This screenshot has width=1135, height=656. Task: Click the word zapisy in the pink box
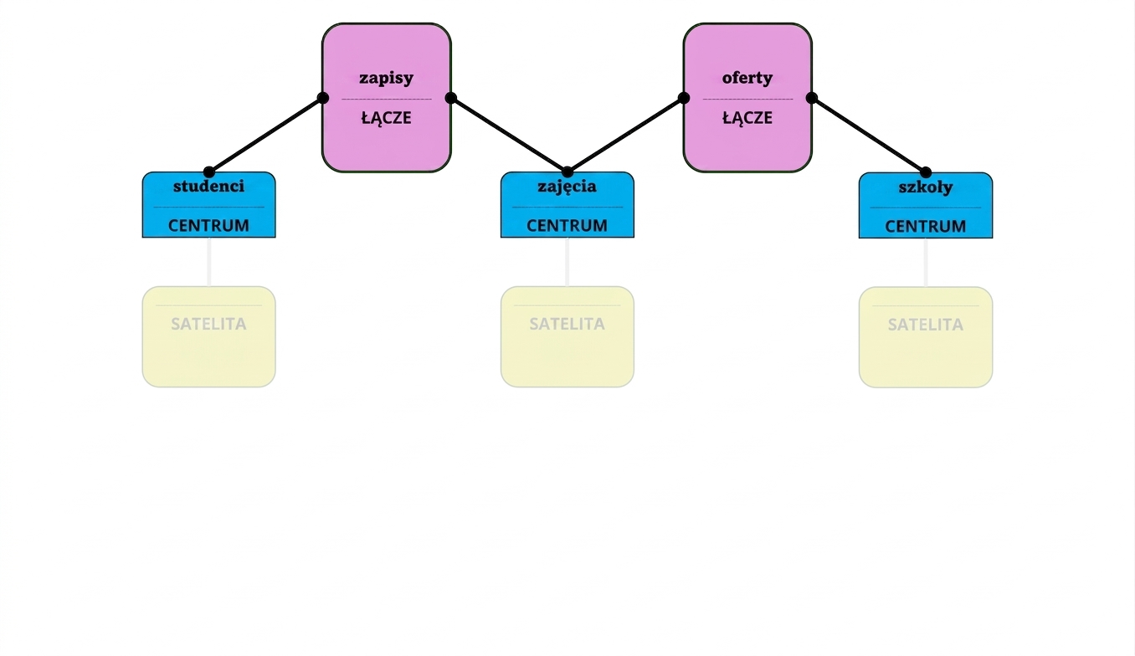(x=386, y=78)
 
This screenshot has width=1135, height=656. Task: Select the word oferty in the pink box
(x=747, y=78)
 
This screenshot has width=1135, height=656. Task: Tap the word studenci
(x=208, y=186)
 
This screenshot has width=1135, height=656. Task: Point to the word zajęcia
(x=567, y=187)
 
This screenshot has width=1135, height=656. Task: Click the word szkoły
(x=926, y=187)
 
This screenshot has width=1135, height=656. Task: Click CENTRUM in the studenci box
(x=208, y=225)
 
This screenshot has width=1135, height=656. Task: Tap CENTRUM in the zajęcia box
(x=567, y=225)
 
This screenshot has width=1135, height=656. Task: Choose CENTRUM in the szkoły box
(x=926, y=227)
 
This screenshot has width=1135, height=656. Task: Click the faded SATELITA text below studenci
(x=208, y=324)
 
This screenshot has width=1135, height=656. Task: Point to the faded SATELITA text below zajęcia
(x=567, y=324)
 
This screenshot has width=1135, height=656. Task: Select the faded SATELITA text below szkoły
(x=926, y=325)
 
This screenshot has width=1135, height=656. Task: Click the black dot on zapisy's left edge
(x=323, y=98)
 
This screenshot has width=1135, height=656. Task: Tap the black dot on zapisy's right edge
(x=451, y=98)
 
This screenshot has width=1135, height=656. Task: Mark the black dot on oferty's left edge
(x=684, y=98)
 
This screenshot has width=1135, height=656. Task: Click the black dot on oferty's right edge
(x=812, y=98)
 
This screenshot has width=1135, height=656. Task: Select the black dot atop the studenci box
(x=208, y=172)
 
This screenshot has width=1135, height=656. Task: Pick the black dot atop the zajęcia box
(x=567, y=172)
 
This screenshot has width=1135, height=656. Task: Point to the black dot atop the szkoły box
(x=926, y=172)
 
